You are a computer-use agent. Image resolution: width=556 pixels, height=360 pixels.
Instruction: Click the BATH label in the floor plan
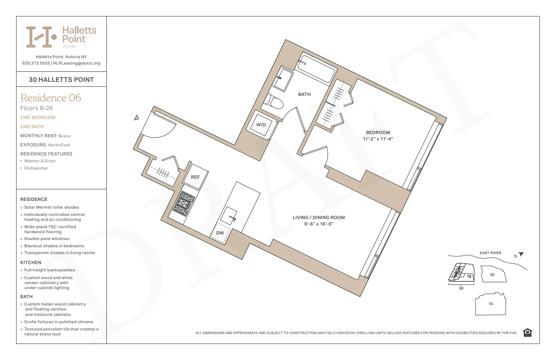[304, 95]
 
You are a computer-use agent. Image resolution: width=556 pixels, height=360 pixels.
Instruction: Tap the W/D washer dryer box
[261, 125]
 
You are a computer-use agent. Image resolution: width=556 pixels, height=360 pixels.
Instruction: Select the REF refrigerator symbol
[195, 177]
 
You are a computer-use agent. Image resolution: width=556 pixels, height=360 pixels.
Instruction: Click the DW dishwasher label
[220, 233]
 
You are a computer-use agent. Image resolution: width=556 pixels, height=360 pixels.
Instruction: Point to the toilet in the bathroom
[273, 102]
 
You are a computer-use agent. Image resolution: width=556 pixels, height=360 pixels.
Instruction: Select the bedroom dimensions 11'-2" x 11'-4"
[378, 139]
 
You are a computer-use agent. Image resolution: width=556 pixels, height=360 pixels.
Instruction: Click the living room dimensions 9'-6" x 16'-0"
[319, 224]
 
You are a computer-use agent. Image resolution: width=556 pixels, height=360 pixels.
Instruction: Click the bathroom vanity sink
[283, 79]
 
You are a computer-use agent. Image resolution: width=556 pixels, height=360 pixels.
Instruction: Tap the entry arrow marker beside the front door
[136, 118]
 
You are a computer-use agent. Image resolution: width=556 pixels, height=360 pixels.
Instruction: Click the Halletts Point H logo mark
[41, 37]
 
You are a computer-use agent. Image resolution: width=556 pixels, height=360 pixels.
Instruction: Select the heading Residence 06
[50, 98]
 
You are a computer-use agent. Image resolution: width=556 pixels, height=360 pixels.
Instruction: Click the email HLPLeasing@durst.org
[77, 63]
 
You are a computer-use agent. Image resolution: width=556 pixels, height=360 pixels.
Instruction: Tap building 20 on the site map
[493, 274]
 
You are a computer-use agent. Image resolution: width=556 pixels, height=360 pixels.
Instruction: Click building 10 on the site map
[491, 304]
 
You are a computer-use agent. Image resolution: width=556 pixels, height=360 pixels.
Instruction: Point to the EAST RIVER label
[490, 253]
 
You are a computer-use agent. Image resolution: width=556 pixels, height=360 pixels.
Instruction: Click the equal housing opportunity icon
[527, 333]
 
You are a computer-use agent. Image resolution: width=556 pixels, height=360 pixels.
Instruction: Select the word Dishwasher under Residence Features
[36, 168]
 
